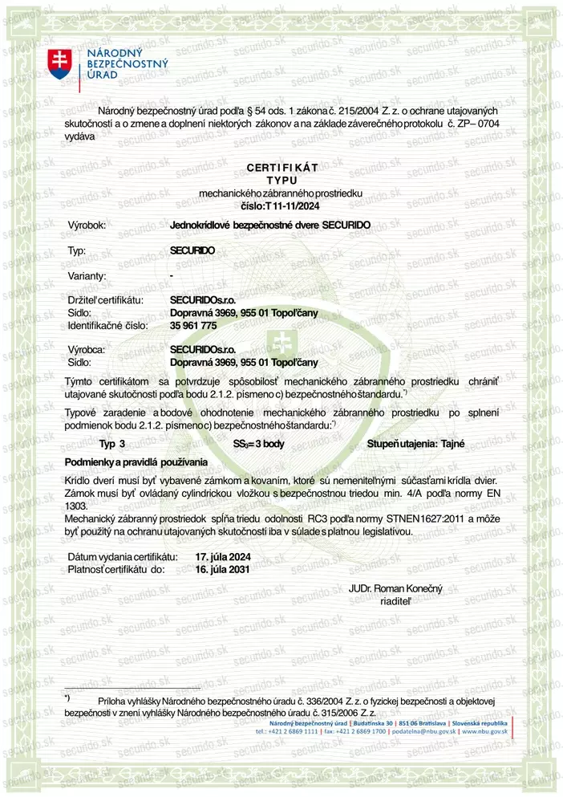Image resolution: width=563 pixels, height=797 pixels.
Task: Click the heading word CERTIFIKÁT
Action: pos(281,167)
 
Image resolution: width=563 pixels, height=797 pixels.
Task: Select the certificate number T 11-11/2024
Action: pos(293,206)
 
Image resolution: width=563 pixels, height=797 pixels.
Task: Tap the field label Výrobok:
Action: pos(88,226)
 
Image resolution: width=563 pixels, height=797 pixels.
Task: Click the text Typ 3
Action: pos(112,443)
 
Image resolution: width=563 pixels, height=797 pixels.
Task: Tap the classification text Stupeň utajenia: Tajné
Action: pos(415,443)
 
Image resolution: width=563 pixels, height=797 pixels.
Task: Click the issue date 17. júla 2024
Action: pos(223,556)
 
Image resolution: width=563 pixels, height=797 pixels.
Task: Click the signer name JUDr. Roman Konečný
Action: pos(391,588)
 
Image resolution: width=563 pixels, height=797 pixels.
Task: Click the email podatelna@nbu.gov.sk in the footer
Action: pos(426,731)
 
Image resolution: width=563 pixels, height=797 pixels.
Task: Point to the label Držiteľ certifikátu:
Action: pos(106,299)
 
